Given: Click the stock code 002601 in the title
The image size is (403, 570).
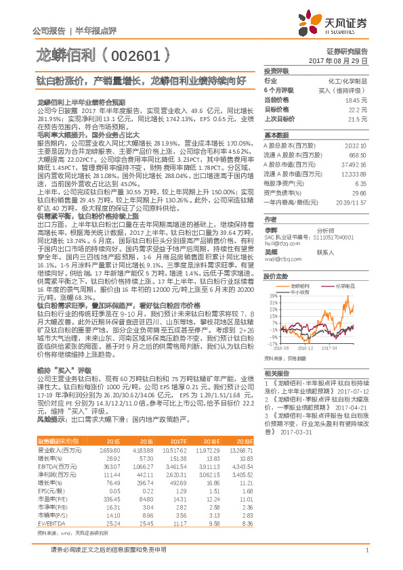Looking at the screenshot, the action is click(142, 54).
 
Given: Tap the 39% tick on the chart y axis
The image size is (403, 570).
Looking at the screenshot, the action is click(272, 295).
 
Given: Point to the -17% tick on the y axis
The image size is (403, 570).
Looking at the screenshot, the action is click(271, 343).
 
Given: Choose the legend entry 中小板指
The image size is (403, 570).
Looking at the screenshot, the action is click(302, 292).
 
